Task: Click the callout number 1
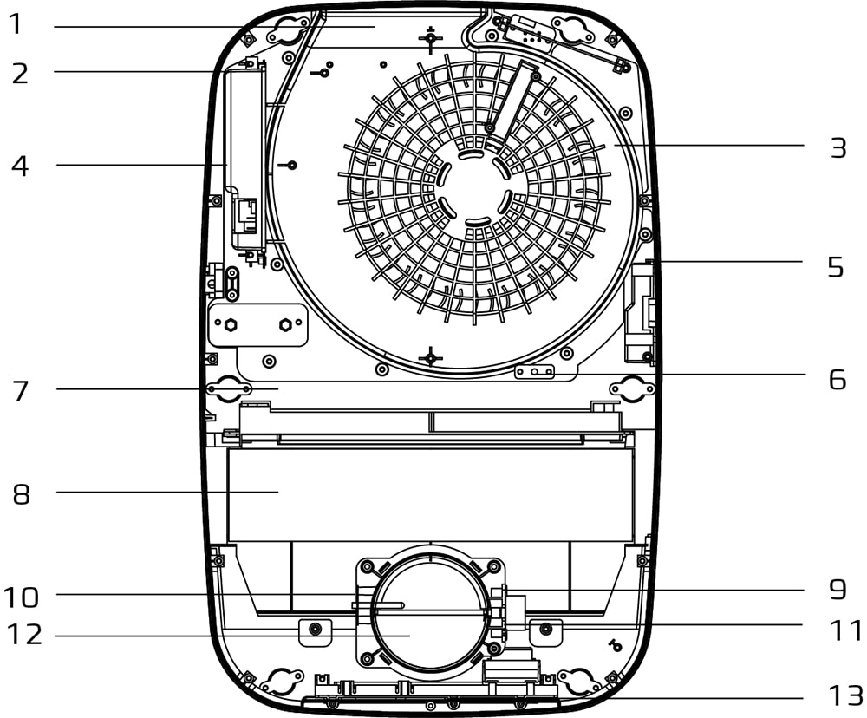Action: (16, 24)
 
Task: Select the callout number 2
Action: (20, 74)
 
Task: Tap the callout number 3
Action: (838, 148)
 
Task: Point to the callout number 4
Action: (20, 166)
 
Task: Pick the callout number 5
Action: (836, 266)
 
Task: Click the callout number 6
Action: (838, 380)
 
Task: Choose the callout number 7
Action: (21, 391)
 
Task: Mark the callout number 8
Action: (21, 494)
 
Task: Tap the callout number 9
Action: (838, 590)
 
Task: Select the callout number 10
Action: (21, 597)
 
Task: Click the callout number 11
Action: (846, 631)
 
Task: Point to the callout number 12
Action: (24, 635)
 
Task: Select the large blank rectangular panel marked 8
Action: (431, 495)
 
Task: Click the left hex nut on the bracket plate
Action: (231, 324)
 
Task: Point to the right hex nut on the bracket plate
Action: (285, 324)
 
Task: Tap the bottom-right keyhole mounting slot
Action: (577, 681)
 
